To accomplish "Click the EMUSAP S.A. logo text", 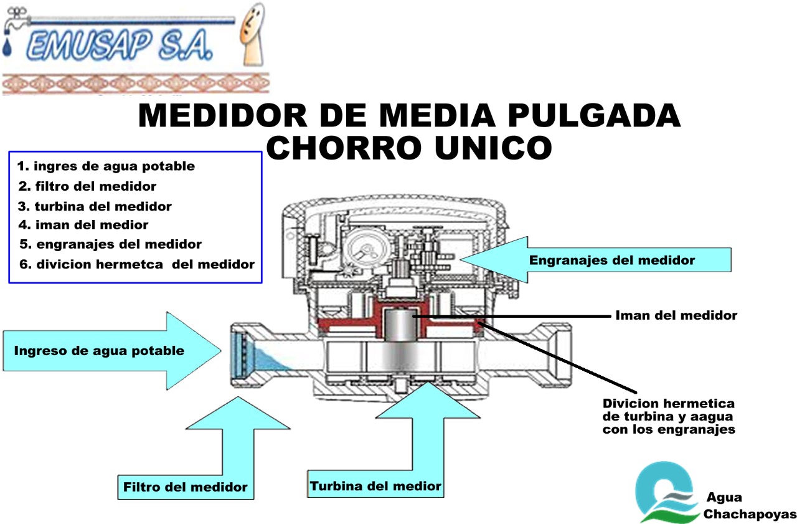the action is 120,45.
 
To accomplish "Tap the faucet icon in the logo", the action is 16,21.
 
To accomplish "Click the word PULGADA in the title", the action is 594,115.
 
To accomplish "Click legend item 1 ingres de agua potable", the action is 106,166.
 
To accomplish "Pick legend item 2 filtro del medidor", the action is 87,186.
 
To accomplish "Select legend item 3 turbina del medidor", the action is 95,206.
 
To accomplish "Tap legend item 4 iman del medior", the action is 83,225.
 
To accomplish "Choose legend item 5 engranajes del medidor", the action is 110,244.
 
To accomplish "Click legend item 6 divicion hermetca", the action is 137,264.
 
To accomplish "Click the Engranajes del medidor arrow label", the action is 612,260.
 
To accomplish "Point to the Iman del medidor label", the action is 676,315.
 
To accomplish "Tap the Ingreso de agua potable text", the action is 99,351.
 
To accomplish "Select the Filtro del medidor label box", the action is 186,487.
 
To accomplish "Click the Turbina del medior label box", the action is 375,485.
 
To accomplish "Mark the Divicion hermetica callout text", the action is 669,416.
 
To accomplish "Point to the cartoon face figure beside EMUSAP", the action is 252,34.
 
